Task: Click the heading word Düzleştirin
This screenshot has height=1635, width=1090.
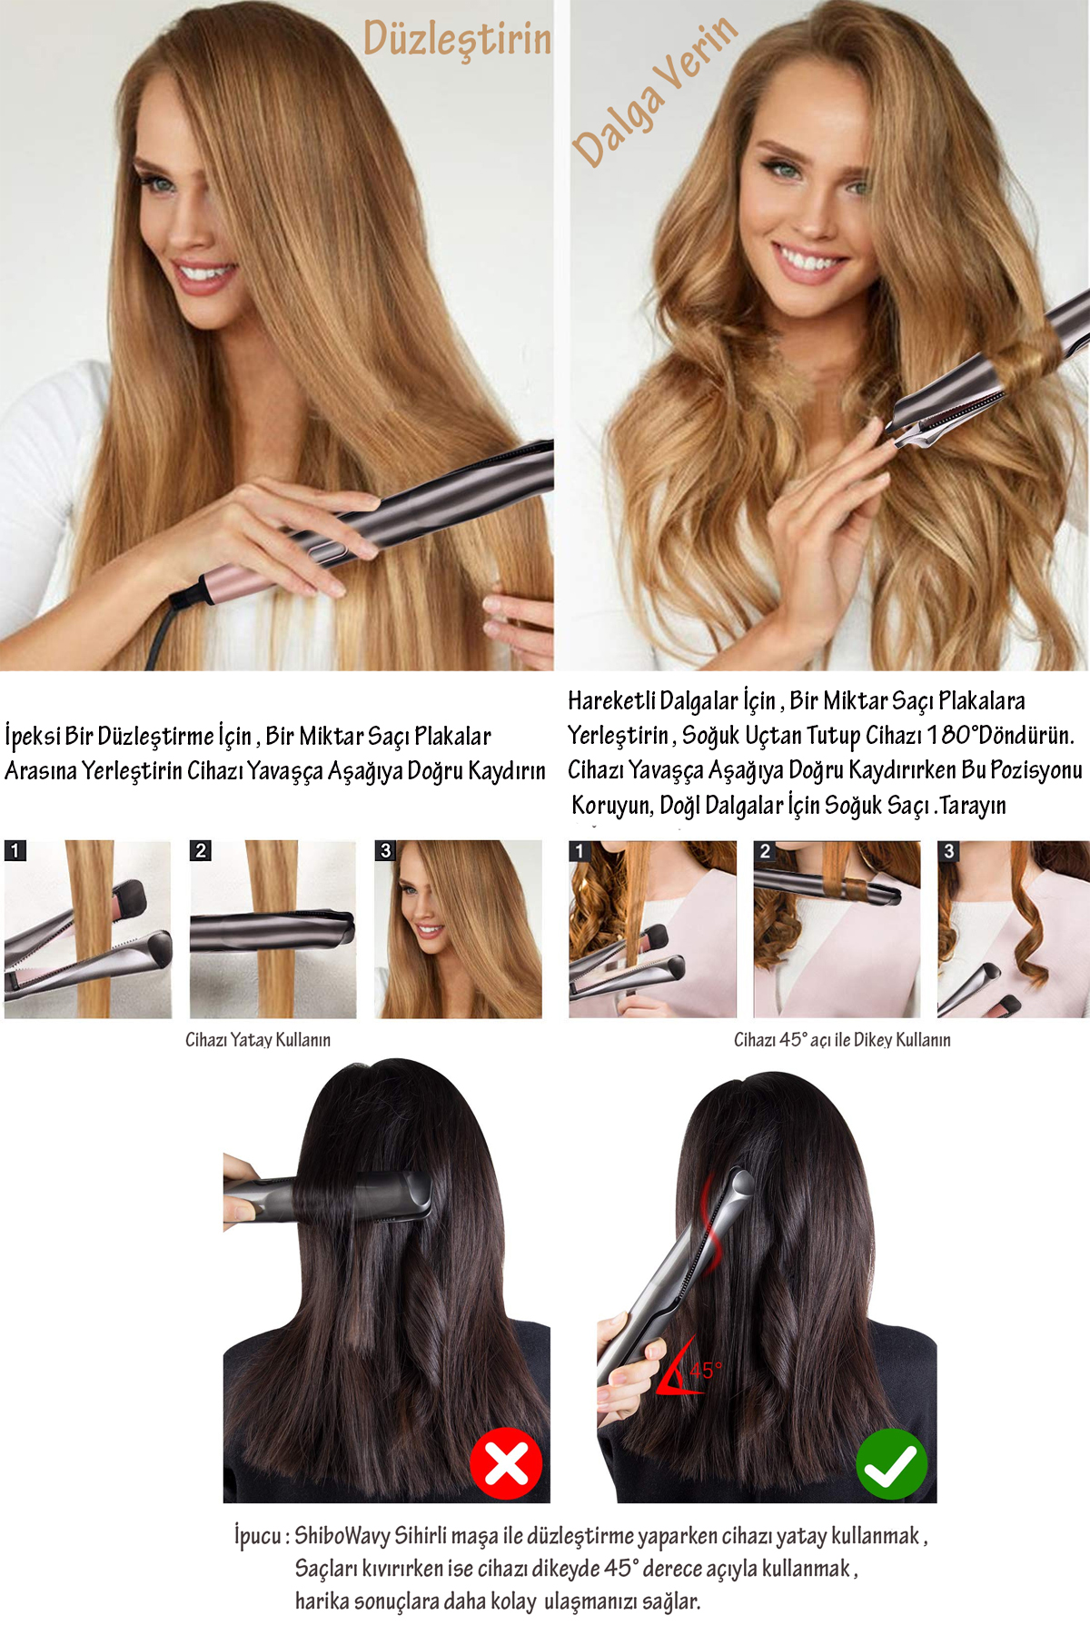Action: (x=457, y=39)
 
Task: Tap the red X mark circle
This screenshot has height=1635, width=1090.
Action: (x=506, y=1463)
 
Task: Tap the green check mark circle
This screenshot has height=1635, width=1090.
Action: (x=892, y=1463)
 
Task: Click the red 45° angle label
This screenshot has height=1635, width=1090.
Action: (x=706, y=1370)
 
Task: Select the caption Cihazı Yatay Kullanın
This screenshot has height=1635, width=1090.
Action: (x=258, y=1040)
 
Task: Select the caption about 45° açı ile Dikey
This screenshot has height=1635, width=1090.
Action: (x=842, y=1040)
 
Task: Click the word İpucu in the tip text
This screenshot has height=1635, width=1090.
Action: (x=258, y=1536)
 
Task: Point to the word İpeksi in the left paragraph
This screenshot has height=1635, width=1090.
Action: (x=33, y=736)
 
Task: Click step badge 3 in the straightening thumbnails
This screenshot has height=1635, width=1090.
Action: (x=385, y=850)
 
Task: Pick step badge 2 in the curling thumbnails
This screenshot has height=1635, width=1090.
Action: (x=765, y=851)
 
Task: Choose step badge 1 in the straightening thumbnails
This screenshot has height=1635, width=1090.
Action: (x=15, y=850)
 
